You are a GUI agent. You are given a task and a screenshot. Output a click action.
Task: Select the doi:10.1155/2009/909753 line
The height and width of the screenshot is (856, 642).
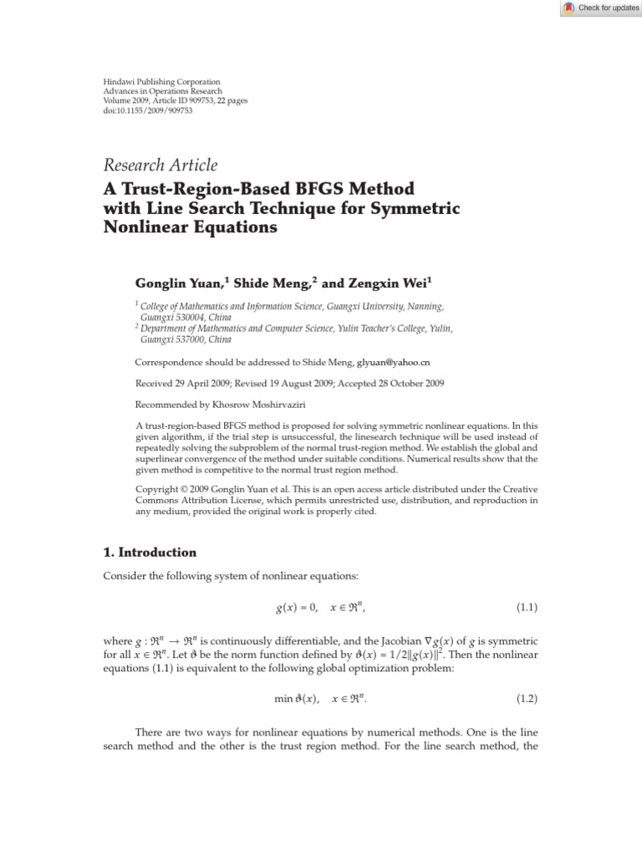point(147,110)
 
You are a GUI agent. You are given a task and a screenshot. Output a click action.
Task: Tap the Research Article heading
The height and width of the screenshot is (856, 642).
point(160,165)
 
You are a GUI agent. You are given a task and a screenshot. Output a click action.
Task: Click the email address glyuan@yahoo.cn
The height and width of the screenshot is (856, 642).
point(394,363)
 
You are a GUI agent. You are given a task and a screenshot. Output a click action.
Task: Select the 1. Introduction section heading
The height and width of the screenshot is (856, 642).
point(150,553)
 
